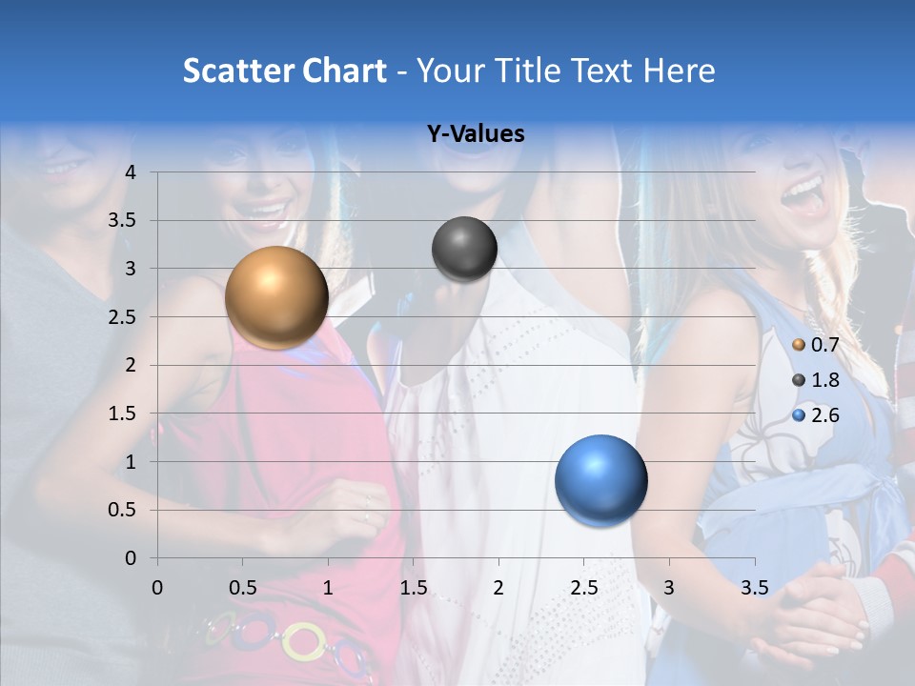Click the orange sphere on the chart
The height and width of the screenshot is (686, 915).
pos(276,297)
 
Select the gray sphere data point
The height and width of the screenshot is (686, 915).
pos(464,249)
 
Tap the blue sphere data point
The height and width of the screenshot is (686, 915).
pos(600,480)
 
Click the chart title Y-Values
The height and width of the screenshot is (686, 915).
pos(475,134)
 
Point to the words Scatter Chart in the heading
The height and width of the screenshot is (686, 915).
pos(284,71)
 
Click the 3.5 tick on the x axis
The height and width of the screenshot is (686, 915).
pos(754,588)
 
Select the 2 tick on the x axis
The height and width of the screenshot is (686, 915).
pos(498,588)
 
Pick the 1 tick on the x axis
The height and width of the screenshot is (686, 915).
pos(328,588)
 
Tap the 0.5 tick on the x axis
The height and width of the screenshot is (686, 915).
pos(242,588)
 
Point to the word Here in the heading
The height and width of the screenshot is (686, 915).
pos(680,71)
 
